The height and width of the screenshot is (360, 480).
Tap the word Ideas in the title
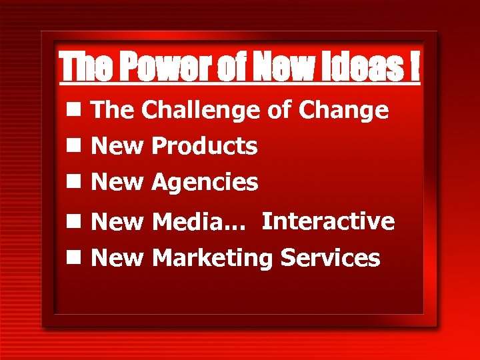pyautogui.click(x=363, y=67)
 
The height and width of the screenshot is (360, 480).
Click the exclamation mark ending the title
pyautogui.click(x=415, y=67)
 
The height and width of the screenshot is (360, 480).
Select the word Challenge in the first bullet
pyautogui.click(x=200, y=111)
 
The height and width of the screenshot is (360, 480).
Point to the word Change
pyautogui.click(x=343, y=111)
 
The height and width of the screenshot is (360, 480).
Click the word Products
pyautogui.click(x=204, y=146)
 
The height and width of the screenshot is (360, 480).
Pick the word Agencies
pyautogui.click(x=205, y=182)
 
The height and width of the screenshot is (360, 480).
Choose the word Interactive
pyautogui.click(x=328, y=221)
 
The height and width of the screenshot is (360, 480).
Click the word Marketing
pyautogui.click(x=213, y=259)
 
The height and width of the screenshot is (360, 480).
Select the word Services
pyautogui.click(x=330, y=257)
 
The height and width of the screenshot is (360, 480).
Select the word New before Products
pyautogui.click(x=117, y=146)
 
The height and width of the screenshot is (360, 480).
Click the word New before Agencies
pyautogui.click(x=117, y=182)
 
